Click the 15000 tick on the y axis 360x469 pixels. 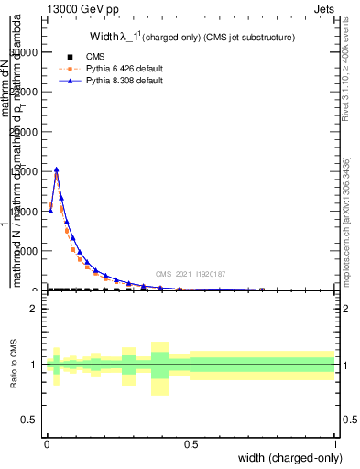pyautogui.click(x=27, y=171)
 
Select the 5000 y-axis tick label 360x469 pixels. pyautogui.click(x=30, y=251)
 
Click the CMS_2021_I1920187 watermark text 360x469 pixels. pyautogui.click(x=190, y=273)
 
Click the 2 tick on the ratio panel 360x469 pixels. pyautogui.click(x=34, y=309)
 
